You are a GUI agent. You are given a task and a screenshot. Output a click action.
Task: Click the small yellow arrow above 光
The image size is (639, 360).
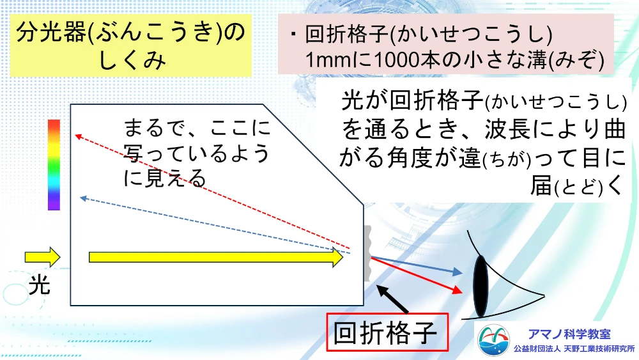(43, 257)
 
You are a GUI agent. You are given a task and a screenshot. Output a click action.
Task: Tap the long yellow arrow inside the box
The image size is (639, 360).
(216, 257)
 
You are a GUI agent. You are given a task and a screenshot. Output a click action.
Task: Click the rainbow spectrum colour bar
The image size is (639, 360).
(54, 165)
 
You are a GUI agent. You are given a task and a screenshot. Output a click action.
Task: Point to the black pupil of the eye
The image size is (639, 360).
(481, 286)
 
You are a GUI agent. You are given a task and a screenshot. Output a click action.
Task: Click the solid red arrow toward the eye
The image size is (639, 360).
(417, 276)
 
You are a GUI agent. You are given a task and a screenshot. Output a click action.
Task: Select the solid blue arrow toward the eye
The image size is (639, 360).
(417, 265)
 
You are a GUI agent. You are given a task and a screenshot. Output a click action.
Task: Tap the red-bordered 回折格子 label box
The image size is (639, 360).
(387, 333)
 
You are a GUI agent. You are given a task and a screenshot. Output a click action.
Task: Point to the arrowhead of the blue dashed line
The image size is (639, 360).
(84, 199)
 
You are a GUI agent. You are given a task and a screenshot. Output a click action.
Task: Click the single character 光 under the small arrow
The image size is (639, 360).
(40, 285)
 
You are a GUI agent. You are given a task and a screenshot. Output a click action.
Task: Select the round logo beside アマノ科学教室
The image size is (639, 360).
(493, 340)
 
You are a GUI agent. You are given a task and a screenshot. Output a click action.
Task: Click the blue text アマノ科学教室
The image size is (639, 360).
(569, 334)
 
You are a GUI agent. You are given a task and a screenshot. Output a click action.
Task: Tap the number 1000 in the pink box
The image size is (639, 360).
(397, 60)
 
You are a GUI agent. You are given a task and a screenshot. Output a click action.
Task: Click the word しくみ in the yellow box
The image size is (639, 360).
(132, 61)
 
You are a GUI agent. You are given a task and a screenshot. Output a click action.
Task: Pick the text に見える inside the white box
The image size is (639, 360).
(165, 178)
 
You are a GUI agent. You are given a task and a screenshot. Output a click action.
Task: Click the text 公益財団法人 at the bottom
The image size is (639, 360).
(537, 349)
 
